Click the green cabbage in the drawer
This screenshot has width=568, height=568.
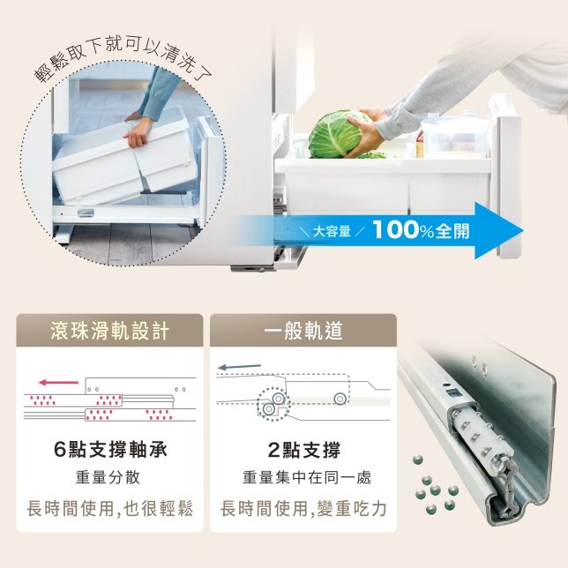335,135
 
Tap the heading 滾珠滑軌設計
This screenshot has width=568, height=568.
109,331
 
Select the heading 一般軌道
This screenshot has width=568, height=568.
303,331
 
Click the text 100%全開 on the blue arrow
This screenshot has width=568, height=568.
421,230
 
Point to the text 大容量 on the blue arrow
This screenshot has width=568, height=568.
332,231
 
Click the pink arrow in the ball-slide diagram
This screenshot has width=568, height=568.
58,382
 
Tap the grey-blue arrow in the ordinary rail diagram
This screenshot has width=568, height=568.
239,367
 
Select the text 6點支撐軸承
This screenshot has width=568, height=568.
110,450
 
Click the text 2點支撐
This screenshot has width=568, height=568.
304,451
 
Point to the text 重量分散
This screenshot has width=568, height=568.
108,477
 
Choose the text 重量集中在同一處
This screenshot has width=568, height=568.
307,477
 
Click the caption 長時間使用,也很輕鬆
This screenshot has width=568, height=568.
109,508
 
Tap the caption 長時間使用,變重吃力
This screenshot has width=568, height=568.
303,508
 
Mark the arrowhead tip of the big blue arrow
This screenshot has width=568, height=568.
523,231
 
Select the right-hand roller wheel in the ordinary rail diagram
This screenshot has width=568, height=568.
340,399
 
